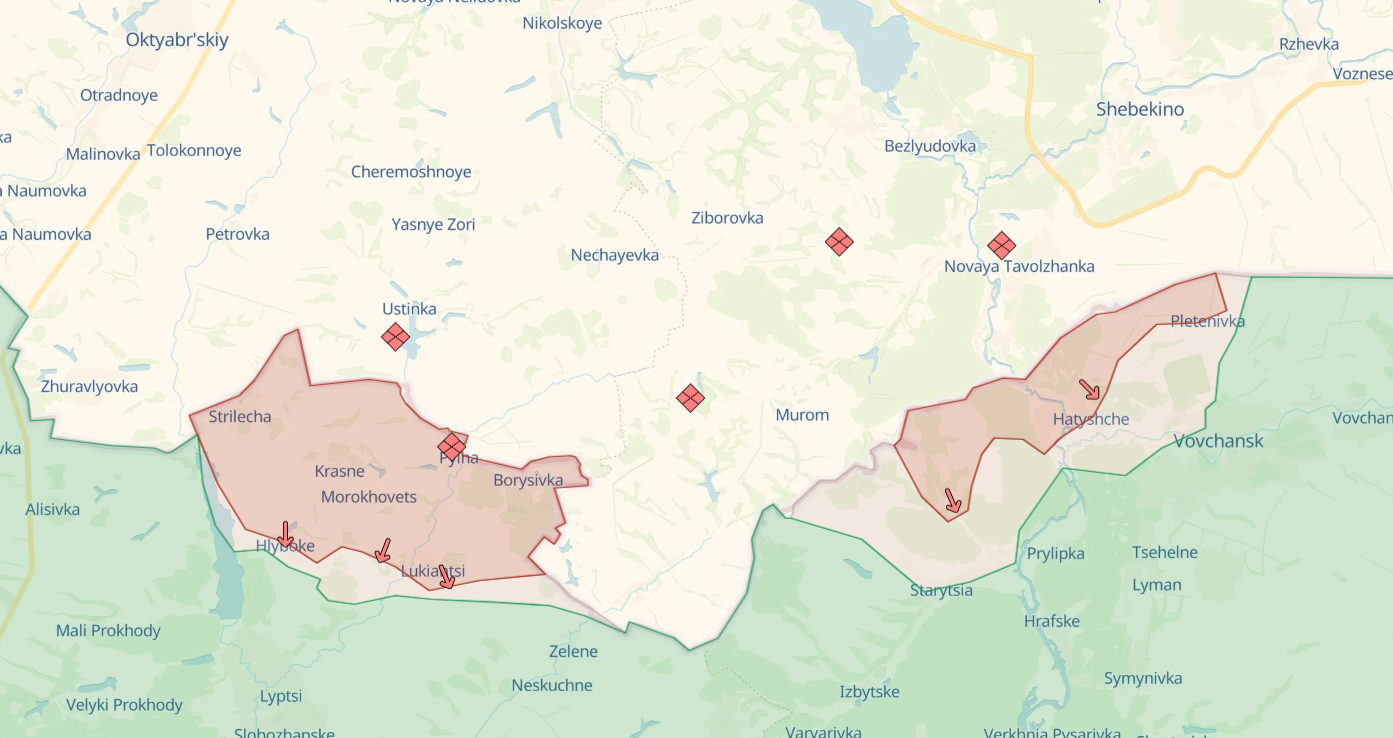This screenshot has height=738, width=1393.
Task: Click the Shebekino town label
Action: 1140,109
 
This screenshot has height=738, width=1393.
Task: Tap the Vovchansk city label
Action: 1218,441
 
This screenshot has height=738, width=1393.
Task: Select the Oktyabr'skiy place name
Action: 177,40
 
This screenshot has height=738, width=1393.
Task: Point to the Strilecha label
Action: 240,417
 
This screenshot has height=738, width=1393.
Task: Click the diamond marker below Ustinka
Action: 396,337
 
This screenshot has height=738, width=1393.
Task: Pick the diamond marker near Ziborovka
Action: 839,241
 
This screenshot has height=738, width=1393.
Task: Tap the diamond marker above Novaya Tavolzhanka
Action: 1001,245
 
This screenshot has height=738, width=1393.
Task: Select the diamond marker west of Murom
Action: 690,398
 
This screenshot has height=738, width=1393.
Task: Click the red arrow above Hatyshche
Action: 1089,389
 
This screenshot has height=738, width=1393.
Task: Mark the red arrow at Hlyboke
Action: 285,534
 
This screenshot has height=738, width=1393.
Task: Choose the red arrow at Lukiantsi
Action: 446,576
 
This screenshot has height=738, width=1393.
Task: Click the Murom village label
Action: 802,415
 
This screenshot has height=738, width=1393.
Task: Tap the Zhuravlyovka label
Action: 89,387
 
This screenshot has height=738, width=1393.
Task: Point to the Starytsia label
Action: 941,590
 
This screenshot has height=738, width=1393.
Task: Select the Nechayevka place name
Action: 615,255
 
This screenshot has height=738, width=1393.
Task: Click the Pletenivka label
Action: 1208,321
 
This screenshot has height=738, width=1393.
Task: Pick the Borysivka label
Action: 528,480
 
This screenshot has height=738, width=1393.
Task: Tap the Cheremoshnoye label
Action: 411,172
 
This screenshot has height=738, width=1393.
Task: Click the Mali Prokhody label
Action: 108,631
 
